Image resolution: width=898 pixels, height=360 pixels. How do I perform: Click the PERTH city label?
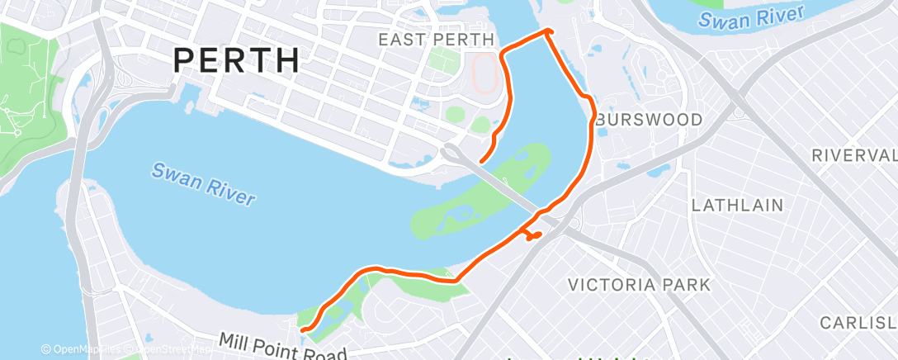[237, 59]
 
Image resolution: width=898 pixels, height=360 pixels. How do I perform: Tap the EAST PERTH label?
[436, 40]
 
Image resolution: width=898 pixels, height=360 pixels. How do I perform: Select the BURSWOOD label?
[649, 120]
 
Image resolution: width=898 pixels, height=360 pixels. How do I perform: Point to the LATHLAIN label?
[737, 205]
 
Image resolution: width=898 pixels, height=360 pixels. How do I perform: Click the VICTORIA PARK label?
[639, 285]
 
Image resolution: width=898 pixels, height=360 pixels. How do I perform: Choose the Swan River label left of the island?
[203, 184]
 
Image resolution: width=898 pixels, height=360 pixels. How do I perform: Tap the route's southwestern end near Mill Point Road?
[304, 329]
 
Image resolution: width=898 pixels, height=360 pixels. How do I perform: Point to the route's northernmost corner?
[547, 31]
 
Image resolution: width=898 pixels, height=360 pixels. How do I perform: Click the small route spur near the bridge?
[533, 236]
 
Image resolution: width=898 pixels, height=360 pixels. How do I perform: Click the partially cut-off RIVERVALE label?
[853, 155]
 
